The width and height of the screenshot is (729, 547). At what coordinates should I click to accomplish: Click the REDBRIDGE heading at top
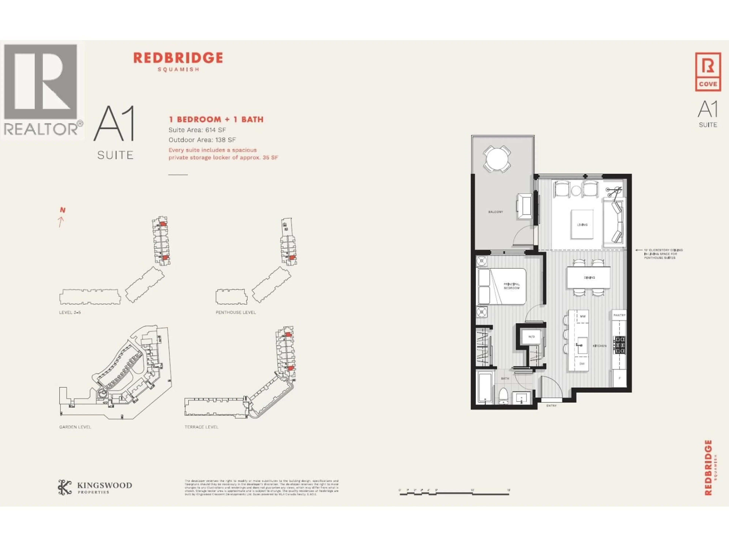pyautogui.click(x=178, y=58)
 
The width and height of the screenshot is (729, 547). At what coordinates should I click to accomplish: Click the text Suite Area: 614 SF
pyautogui.click(x=197, y=130)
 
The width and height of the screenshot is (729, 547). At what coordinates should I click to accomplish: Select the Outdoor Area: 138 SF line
pyautogui.click(x=202, y=140)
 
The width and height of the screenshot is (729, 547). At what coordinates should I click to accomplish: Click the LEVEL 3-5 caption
pyautogui.click(x=70, y=312)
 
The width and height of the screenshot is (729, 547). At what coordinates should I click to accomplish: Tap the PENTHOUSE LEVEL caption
pyautogui.click(x=236, y=312)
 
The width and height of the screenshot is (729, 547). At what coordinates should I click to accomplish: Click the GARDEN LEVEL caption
pyautogui.click(x=75, y=427)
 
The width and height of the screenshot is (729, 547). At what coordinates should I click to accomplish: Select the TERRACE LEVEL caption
pyautogui.click(x=201, y=427)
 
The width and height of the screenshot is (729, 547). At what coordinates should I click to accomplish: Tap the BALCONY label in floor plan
pyautogui.click(x=495, y=212)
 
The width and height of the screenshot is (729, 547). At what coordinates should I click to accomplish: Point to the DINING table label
pyautogui.click(x=589, y=278)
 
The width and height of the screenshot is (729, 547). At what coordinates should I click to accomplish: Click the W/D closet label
pyautogui.click(x=531, y=337)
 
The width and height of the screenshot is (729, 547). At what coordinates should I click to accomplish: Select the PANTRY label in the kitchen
pyautogui.click(x=619, y=315)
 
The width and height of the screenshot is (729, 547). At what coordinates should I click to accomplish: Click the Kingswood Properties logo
pyautogui.click(x=95, y=488)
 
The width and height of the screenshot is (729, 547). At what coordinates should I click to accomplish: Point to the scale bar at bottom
pyautogui.click(x=455, y=494)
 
